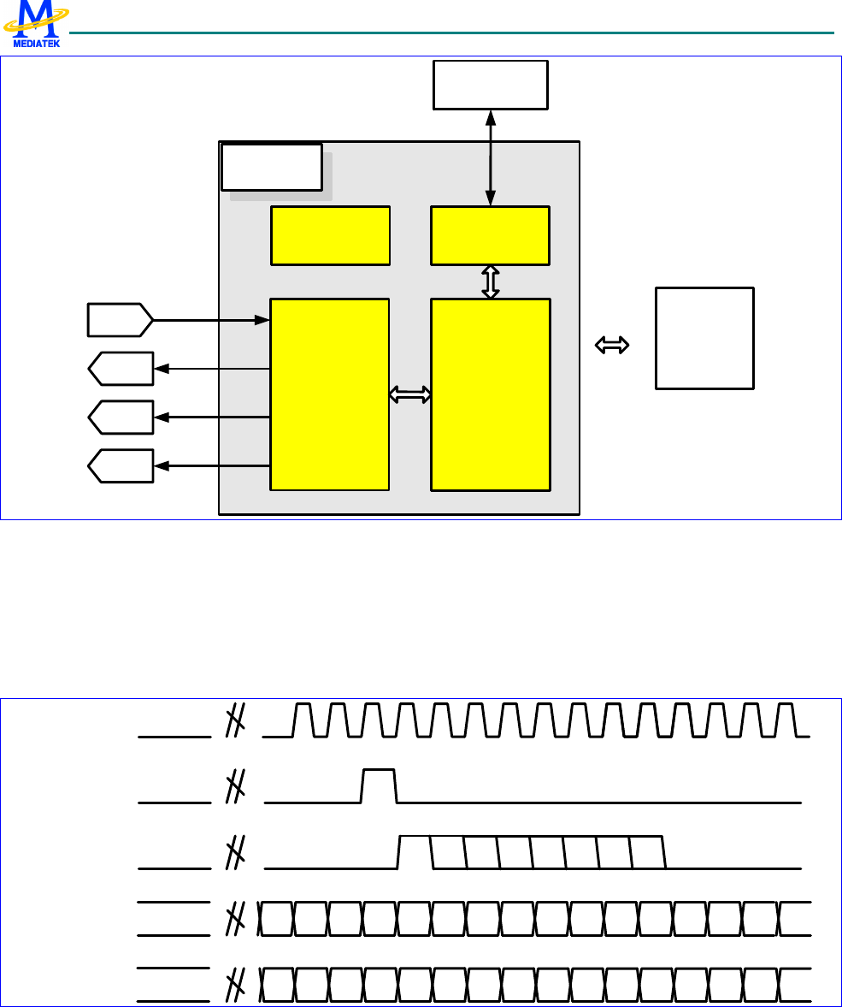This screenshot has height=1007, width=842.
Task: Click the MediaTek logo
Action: pyautogui.click(x=36, y=24)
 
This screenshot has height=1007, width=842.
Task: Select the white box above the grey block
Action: pyautogui.click(x=490, y=85)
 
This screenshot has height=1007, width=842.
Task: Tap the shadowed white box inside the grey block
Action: pyautogui.click(x=272, y=168)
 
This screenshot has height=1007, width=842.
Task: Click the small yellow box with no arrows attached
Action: pyautogui.click(x=330, y=235)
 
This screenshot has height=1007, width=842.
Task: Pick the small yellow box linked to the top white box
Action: pyautogui.click(x=490, y=235)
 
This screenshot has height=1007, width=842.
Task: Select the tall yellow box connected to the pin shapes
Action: pyautogui.click(x=330, y=394)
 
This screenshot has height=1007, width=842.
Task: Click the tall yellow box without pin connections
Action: pyautogui.click(x=490, y=394)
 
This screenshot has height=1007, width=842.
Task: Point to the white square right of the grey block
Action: pyautogui.click(x=704, y=339)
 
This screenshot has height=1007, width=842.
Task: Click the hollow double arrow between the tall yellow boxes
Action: pyautogui.click(x=410, y=394)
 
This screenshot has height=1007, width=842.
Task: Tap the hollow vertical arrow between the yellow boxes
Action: pyautogui.click(x=490, y=281)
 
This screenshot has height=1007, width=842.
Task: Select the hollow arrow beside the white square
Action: pyautogui.click(x=612, y=345)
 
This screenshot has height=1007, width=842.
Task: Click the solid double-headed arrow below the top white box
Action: pyautogui.click(x=490, y=158)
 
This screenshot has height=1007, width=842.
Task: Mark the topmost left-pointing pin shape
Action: pyautogui.click(x=121, y=369)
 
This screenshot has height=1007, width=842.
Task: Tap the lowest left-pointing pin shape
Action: pyautogui.click(x=121, y=465)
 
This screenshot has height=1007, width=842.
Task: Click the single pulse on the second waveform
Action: pyautogui.click(x=380, y=785)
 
